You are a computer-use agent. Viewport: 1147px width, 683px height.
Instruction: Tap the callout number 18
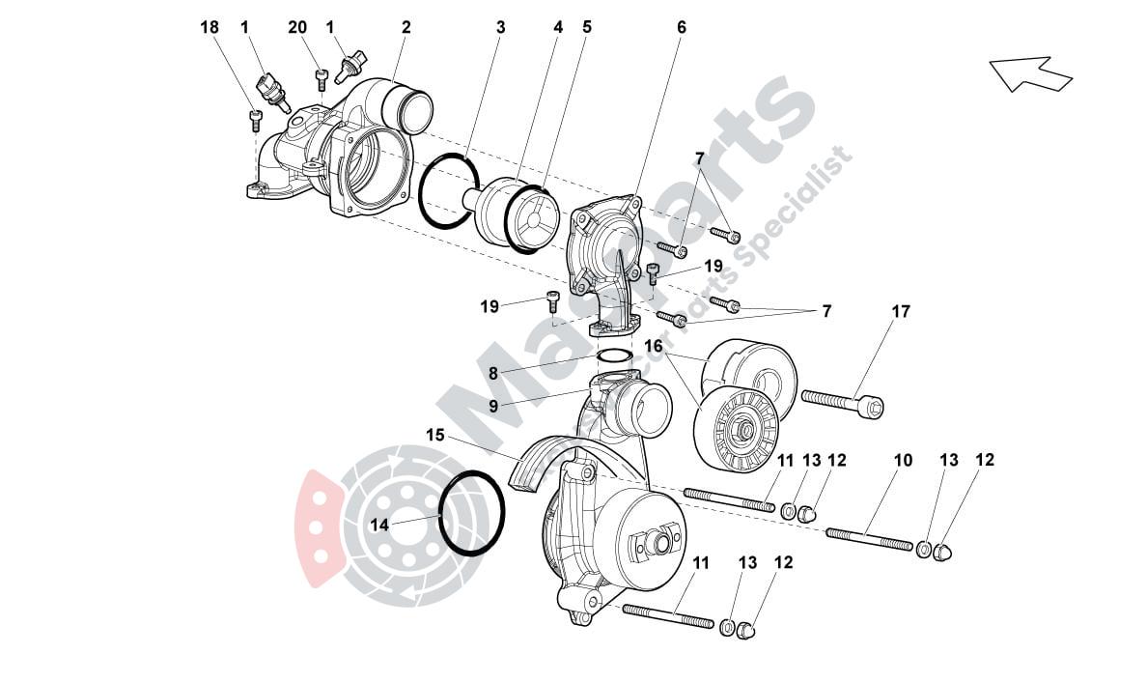tap(210, 27)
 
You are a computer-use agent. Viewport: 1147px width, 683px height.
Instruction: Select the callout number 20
tap(297, 27)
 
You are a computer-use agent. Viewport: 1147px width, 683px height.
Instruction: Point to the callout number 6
tap(681, 27)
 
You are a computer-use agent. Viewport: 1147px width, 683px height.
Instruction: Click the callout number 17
tap(900, 312)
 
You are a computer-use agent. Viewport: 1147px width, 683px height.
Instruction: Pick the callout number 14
tap(378, 525)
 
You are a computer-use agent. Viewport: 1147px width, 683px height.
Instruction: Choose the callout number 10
tap(902, 461)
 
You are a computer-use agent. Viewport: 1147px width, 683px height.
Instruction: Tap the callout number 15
tap(435, 436)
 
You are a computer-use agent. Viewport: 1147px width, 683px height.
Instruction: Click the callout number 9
tap(492, 407)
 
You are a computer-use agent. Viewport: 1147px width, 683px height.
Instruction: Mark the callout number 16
tap(654, 345)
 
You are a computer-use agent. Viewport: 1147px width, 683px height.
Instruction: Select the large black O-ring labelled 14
tap(472, 513)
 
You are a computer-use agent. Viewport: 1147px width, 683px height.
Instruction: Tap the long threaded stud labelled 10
tap(869, 539)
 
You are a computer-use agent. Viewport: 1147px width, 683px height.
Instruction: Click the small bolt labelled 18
tap(256, 119)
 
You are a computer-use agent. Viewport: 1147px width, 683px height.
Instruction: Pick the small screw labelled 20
tap(322, 73)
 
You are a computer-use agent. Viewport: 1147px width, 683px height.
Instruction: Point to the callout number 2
tap(406, 27)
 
